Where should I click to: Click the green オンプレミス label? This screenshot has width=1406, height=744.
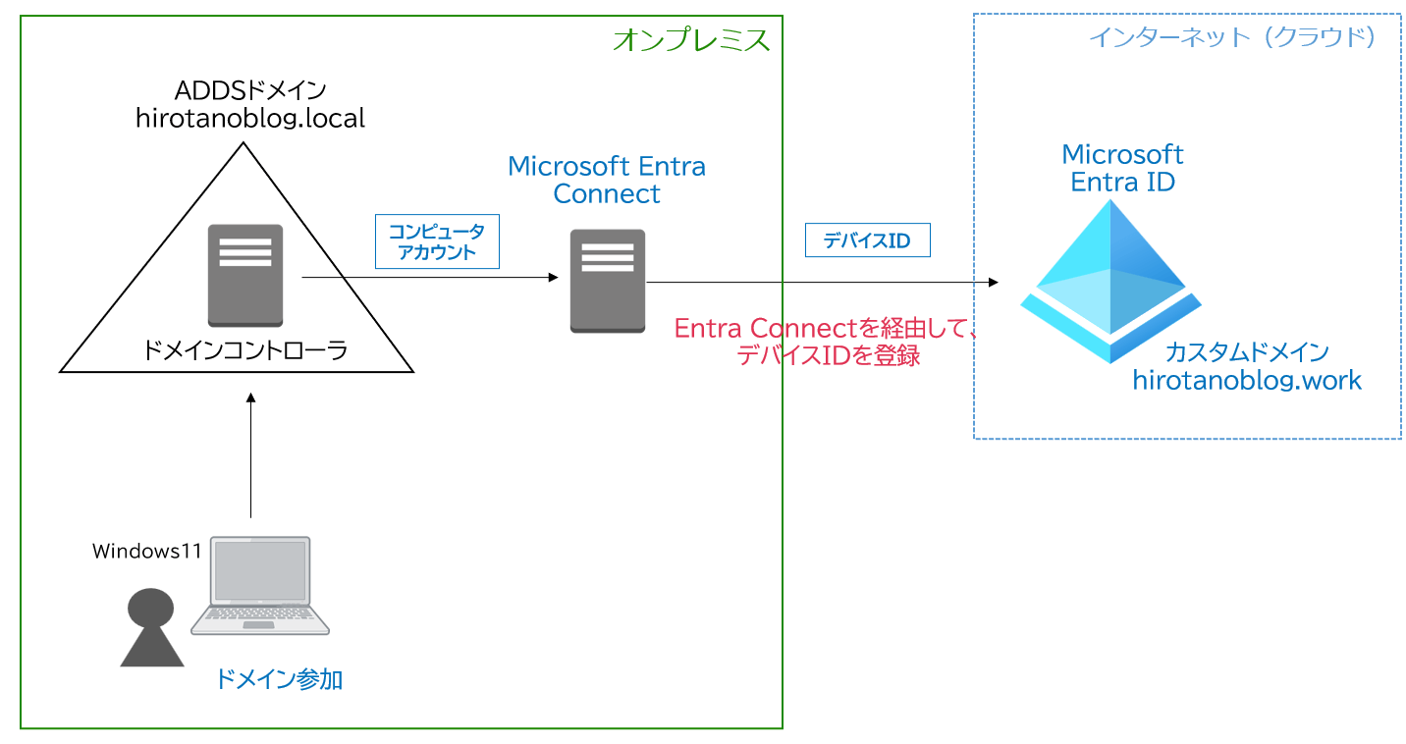tap(690, 40)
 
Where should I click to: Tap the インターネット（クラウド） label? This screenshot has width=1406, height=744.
tap(1231, 37)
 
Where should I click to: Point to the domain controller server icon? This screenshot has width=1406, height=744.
tap(245, 275)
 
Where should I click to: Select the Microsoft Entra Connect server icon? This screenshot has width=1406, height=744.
tap(608, 281)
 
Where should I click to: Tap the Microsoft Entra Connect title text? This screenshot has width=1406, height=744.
tap(607, 180)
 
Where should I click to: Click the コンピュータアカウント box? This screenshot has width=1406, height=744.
tap(437, 241)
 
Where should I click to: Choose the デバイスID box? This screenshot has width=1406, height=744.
tap(867, 240)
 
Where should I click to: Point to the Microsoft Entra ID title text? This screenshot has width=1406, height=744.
tap(1122, 168)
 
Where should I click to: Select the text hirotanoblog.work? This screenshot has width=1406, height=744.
tap(1247, 381)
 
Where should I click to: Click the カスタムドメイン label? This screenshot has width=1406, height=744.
tap(1247, 352)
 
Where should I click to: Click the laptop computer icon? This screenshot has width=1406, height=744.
tap(260, 586)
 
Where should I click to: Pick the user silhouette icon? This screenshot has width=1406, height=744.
tap(151, 627)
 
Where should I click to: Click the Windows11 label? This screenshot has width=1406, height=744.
tap(147, 551)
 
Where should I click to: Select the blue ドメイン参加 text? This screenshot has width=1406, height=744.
tap(278, 678)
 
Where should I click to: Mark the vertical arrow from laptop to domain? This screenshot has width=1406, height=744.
tap(251, 455)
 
